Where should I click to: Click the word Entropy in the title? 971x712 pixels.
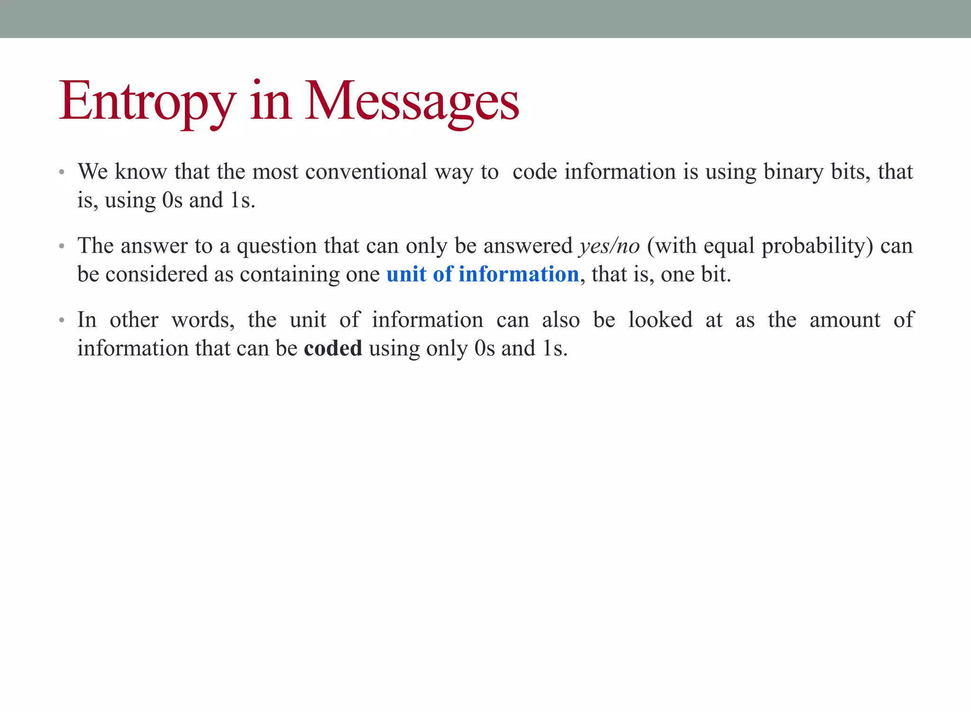[x=147, y=102]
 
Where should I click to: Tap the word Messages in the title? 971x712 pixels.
[x=412, y=102]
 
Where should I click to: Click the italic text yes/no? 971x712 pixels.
[x=609, y=246]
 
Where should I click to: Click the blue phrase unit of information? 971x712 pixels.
[x=483, y=274]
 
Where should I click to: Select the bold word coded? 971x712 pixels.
[x=333, y=348]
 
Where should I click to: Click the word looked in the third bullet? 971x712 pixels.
[x=660, y=320]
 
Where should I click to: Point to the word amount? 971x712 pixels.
[x=845, y=320]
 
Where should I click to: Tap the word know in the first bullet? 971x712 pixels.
[x=141, y=171]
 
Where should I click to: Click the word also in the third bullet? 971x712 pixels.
[x=561, y=320]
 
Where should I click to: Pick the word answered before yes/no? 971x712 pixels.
[x=528, y=246]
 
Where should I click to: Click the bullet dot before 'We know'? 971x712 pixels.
[x=62, y=172]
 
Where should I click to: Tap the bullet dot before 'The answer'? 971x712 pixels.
[x=62, y=246]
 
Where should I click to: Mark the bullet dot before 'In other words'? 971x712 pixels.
[x=62, y=320]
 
